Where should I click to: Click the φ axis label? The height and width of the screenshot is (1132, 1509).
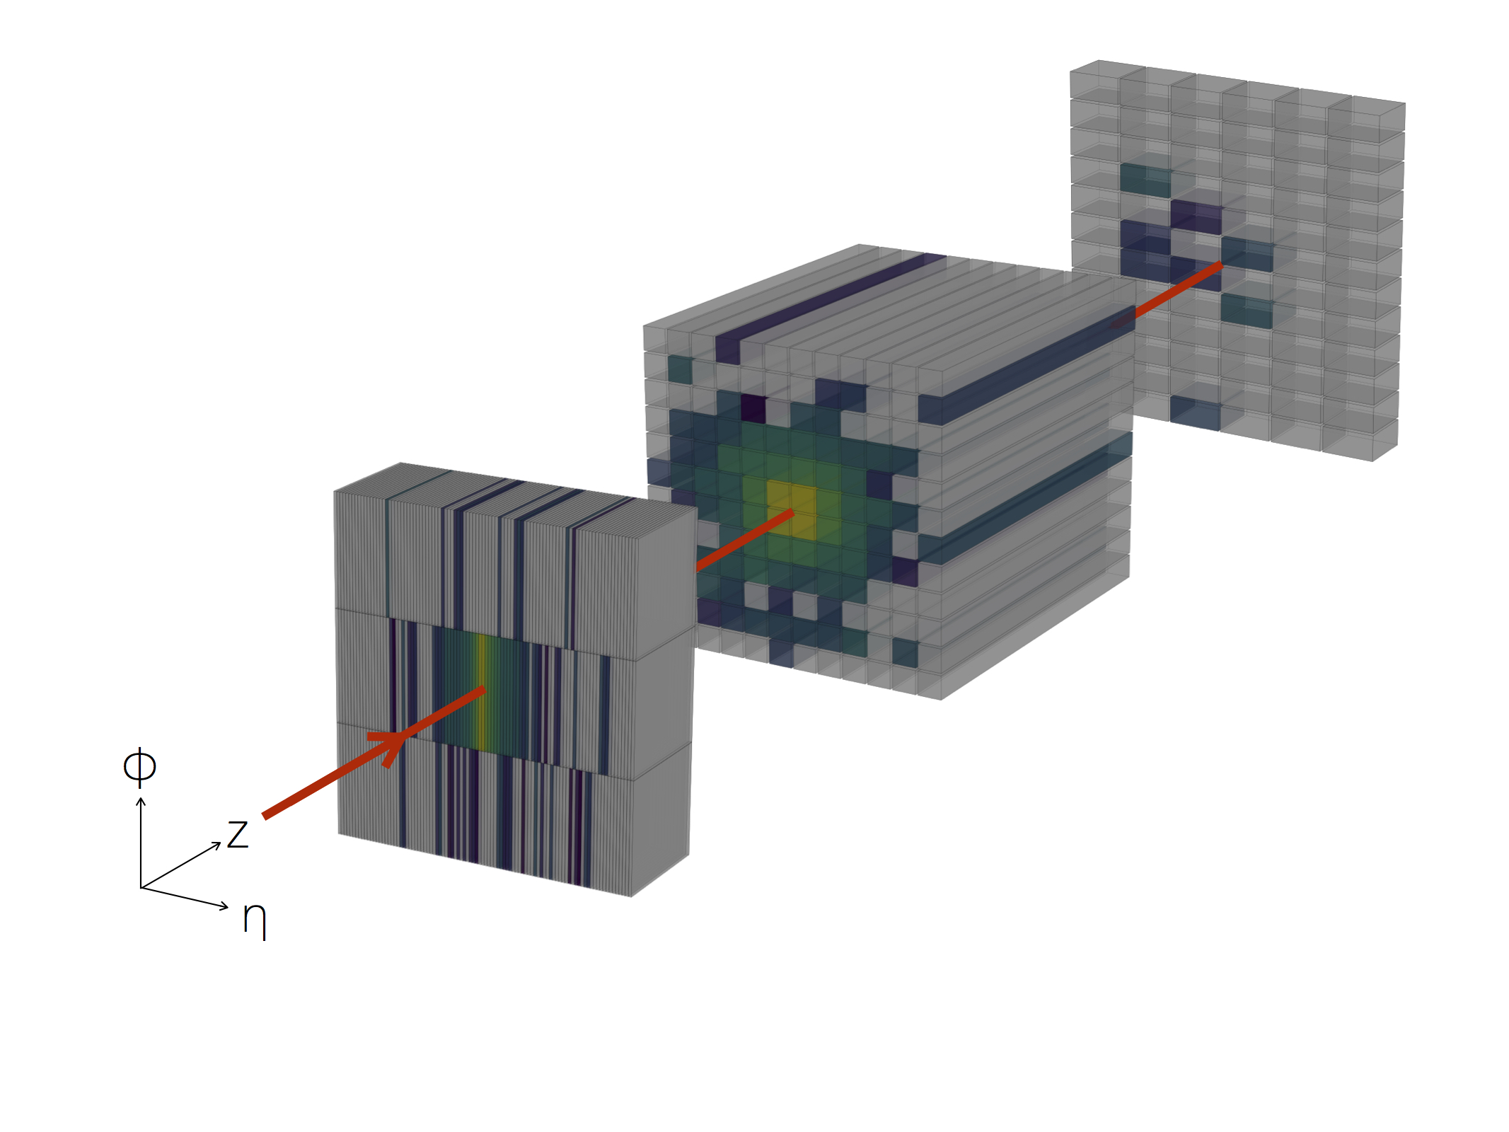139,767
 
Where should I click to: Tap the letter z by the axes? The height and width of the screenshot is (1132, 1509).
238,834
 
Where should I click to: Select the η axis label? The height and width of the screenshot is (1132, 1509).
255,920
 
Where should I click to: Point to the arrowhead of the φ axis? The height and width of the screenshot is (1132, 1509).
141,802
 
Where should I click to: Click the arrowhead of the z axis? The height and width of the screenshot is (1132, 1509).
217,845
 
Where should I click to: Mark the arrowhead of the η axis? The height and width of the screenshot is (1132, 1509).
224,906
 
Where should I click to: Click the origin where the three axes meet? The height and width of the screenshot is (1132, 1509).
141,887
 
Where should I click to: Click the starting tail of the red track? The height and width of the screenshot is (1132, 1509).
265,816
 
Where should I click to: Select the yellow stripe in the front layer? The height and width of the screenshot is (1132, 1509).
482,692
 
